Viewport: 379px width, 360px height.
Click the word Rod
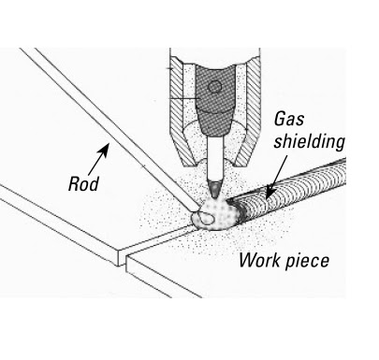(83, 183)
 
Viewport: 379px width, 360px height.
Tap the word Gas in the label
(289, 120)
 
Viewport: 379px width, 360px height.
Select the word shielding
(309, 142)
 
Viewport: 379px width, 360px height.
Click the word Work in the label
(259, 259)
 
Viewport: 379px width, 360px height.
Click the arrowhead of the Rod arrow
(105, 149)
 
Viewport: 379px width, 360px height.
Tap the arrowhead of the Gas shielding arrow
(270, 194)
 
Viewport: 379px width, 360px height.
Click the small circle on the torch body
(214, 87)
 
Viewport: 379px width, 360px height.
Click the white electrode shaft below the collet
(215, 159)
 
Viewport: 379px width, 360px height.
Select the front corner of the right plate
(126, 257)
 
